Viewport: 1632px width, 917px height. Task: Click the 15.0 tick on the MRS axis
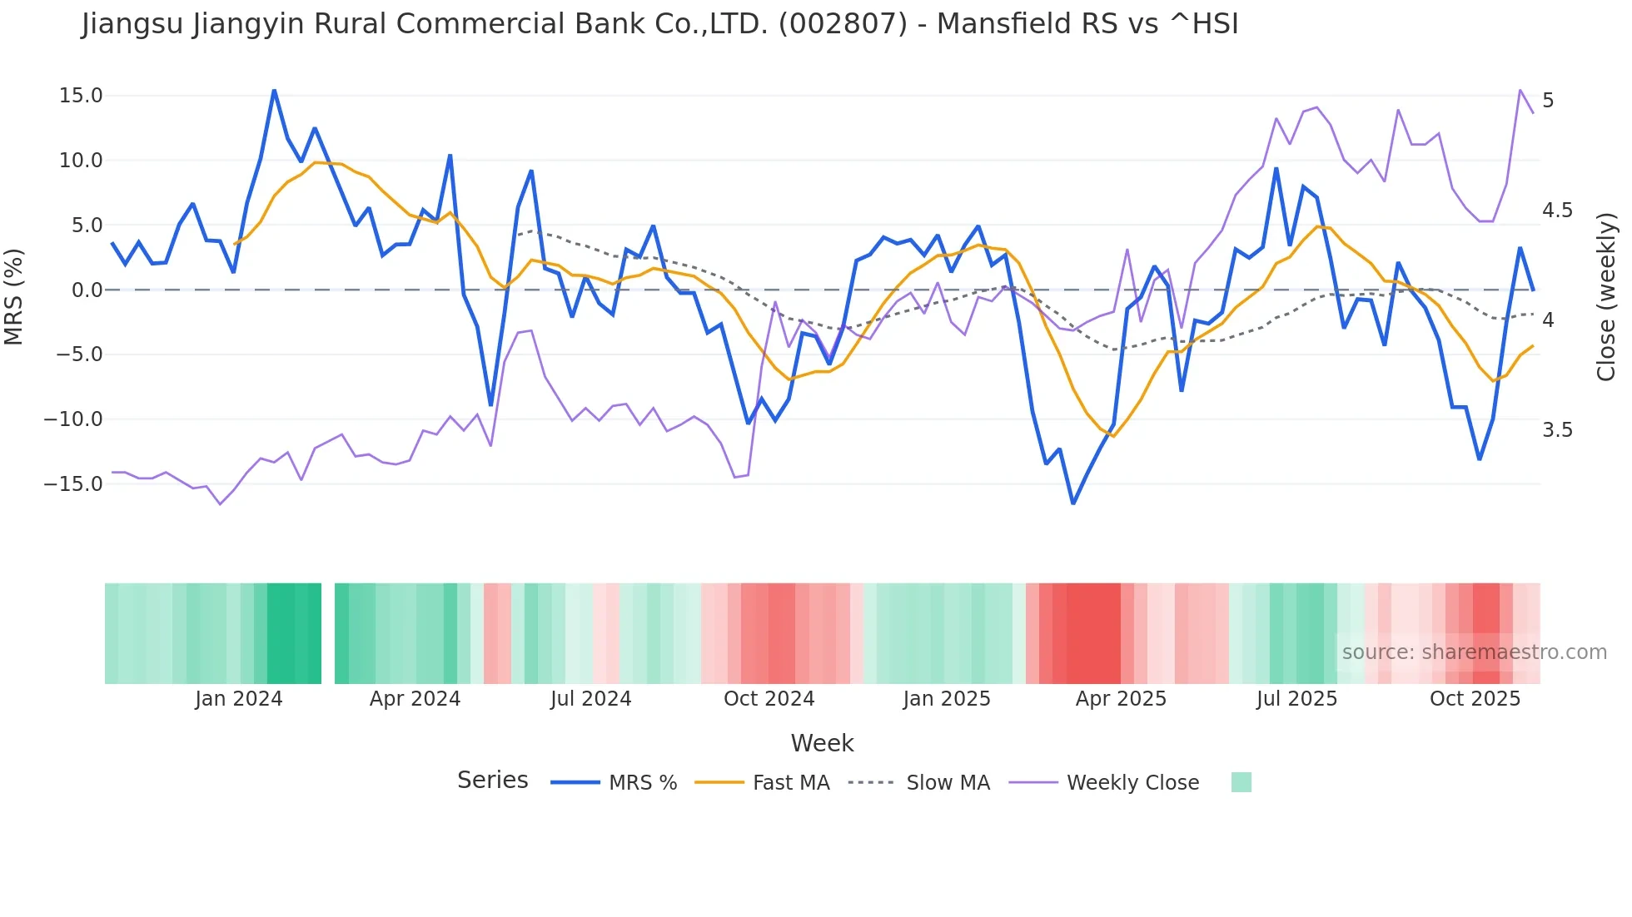[x=81, y=96]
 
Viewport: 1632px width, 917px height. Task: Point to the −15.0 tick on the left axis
[x=73, y=484]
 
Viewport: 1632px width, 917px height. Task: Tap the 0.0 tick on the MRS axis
[x=87, y=290]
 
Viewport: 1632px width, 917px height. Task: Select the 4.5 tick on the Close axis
[x=1557, y=211]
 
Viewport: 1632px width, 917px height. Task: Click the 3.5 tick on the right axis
[x=1557, y=430]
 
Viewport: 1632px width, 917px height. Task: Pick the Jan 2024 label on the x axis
[x=239, y=699]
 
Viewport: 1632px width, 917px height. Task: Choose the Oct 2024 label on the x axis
[x=769, y=699]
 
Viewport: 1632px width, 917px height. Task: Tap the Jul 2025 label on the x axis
[x=1296, y=699]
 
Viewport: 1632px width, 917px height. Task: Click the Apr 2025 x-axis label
[x=1121, y=699]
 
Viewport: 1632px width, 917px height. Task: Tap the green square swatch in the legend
[x=1241, y=782]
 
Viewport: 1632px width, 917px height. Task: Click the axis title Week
[x=822, y=743]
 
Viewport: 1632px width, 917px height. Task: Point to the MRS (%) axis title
[x=14, y=296]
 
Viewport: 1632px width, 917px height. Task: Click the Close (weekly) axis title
[x=1606, y=296]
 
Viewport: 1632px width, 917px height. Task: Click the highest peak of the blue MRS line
[x=274, y=90]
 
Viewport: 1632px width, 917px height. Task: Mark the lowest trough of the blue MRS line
[x=1073, y=503]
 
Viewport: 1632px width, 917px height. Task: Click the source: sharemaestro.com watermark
[x=1474, y=652]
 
